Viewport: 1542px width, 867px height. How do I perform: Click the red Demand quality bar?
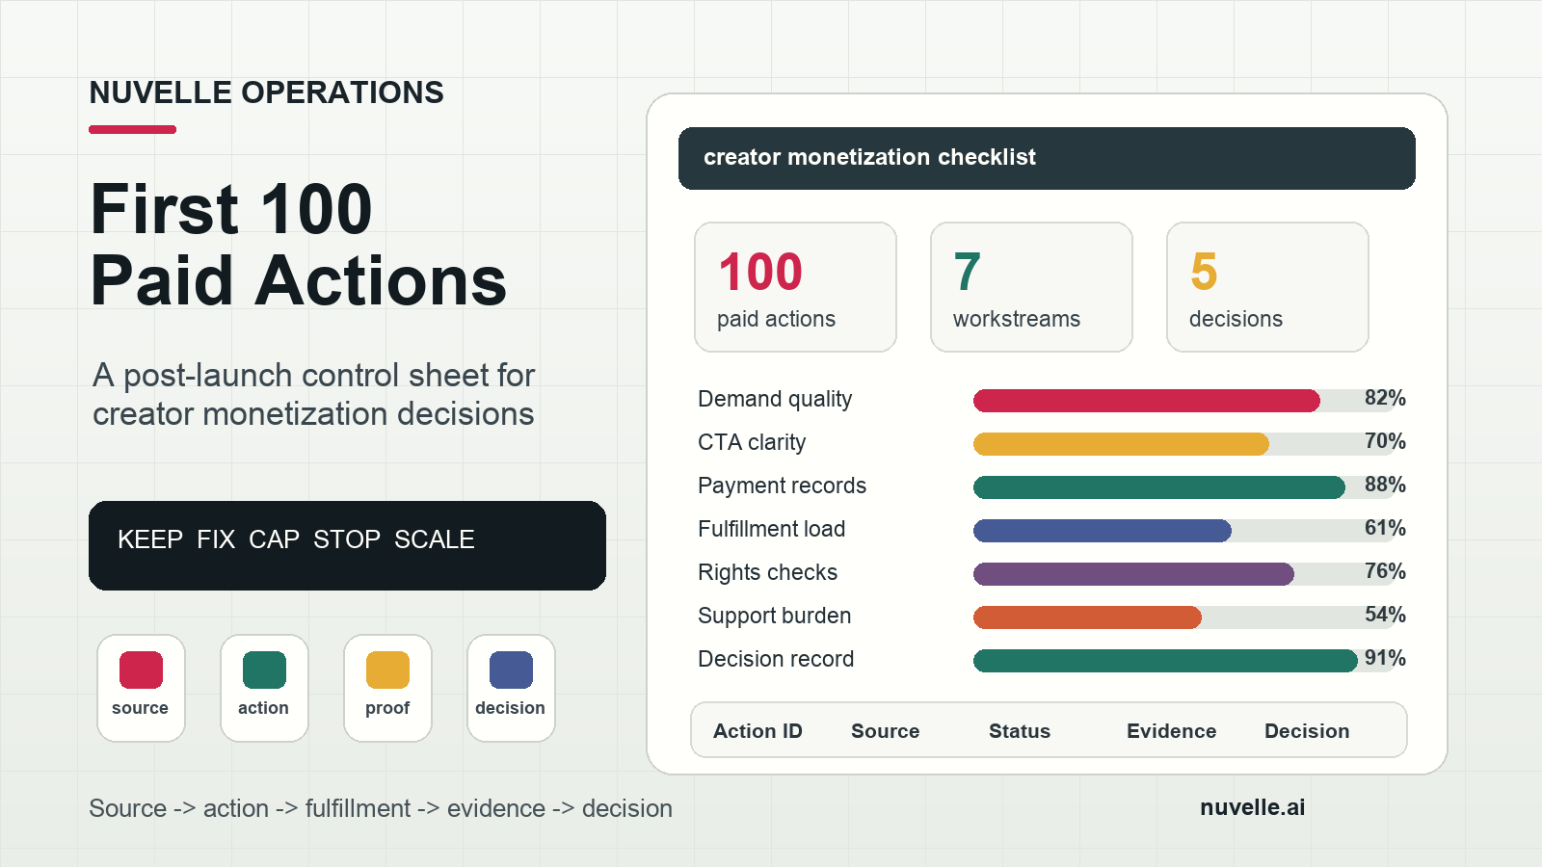pyautogui.click(x=1146, y=401)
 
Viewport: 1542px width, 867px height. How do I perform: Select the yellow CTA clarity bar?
pyautogui.click(x=1121, y=444)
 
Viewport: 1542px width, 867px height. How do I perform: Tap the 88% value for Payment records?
pyautogui.click(x=1385, y=485)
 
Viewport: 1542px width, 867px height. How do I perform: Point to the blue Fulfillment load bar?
pyautogui.click(x=1103, y=531)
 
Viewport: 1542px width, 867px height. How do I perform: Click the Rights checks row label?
pyautogui.click(x=767, y=572)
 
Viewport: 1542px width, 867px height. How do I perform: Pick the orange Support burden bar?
pyautogui.click(x=1087, y=617)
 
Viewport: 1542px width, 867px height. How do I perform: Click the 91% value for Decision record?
pyautogui.click(x=1385, y=658)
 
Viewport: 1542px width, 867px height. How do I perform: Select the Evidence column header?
pyautogui.click(x=1171, y=731)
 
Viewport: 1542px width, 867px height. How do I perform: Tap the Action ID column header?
pyautogui.click(x=758, y=731)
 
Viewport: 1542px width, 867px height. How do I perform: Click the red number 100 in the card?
pyautogui.click(x=760, y=272)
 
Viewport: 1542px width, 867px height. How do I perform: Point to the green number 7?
pyautogui.click(x=968, y=272)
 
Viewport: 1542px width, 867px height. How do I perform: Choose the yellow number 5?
pyautogui.click(x=1204, y=272)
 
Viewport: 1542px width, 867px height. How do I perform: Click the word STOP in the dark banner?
pyautogui.click(x=346, y=539)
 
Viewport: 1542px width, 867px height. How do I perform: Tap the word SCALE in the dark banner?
pyautogui.click(x=435, y=539)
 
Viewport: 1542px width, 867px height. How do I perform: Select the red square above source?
pyautogui.click(x=141, y=670)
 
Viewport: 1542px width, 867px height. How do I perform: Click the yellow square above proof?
pyautogui.click(x=387, y=670)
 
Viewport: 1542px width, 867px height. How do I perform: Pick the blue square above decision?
pyautogui.click(x=511, y=670)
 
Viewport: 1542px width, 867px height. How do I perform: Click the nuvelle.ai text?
pyautogui.click(x=1252, y=807)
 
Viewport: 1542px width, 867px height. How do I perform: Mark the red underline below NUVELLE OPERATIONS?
pyautogui.click(x=132, y=129)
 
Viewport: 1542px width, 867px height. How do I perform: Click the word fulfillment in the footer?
pyautogui.click(x=358, y=808)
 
